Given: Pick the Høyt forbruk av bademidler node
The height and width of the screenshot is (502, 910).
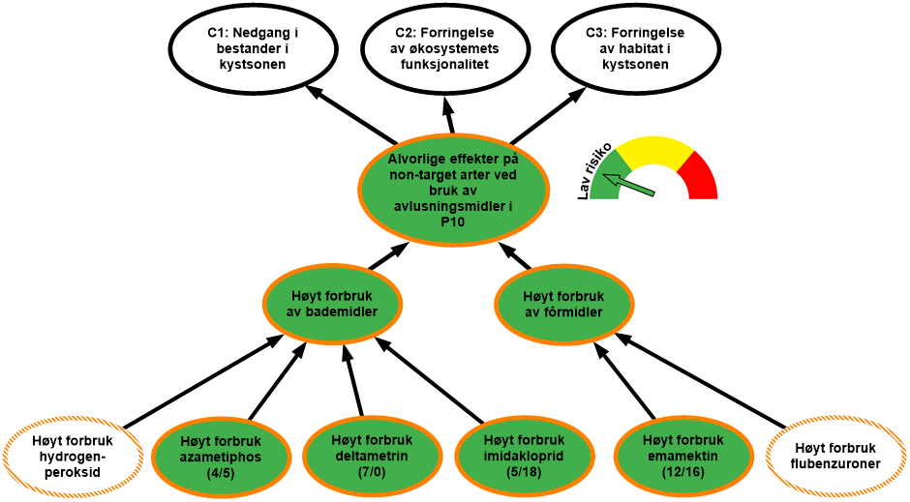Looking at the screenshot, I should click(x=333, y=304).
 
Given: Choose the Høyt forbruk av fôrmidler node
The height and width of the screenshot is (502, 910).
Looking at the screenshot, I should click(x=563, y=304).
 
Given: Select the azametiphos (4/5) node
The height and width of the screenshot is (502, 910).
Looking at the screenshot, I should click(x=222, y=456).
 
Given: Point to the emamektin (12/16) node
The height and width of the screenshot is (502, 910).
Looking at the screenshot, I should click(x=682, y=456).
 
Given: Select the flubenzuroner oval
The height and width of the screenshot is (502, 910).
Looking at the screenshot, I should click(x=836, y=456).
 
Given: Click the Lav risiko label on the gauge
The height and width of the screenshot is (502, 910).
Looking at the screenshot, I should click(x=593, y=170).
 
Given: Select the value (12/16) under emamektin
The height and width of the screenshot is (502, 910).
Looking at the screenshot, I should click(x=682, y=471).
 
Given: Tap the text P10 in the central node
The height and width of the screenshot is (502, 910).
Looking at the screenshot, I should click(x=452, y=221).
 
